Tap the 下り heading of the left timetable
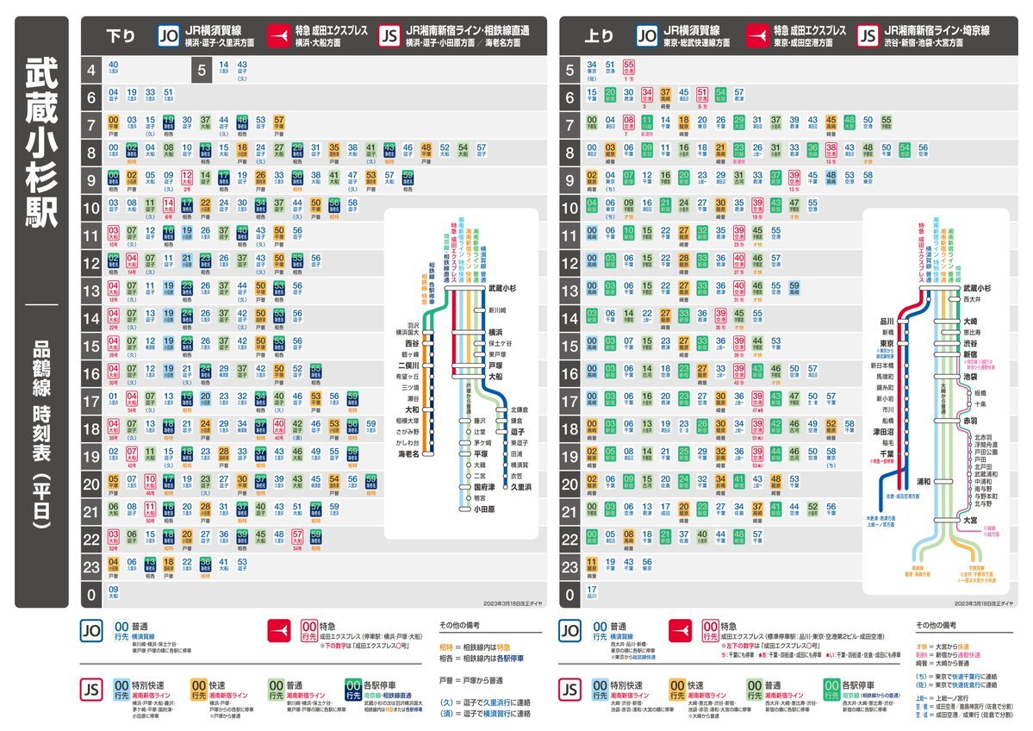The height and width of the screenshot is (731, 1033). (120, 36)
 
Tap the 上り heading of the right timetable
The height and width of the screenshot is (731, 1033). (599, 36)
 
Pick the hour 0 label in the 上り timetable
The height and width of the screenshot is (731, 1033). (569, 594)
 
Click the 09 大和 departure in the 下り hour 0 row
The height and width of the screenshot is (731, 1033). (114, 592)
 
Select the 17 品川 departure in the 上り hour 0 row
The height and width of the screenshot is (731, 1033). (592, 592)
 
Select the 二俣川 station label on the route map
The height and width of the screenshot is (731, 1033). (406, 364)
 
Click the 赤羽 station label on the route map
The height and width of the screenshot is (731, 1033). (971, 420)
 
